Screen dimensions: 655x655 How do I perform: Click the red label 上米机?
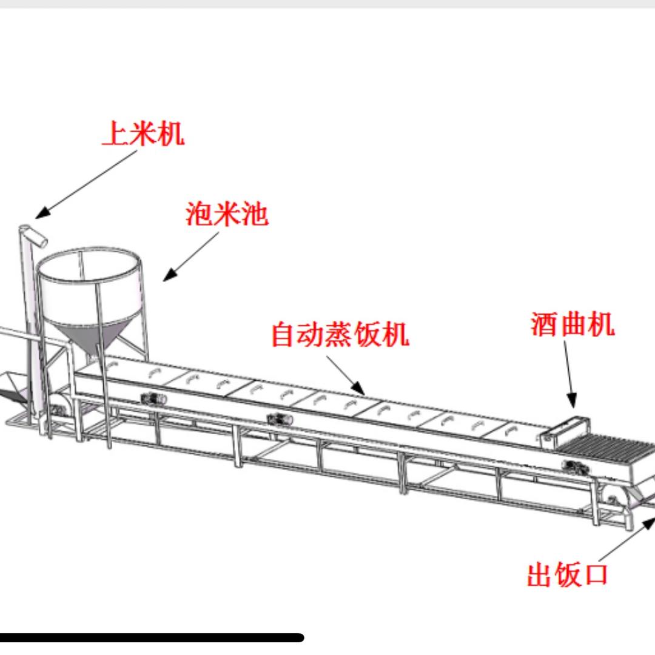coord(143,133)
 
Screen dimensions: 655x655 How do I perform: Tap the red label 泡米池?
coord(227,215)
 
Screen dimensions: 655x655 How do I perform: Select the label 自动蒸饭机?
coord(340,334)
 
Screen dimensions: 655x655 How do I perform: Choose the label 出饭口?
coord(567,574)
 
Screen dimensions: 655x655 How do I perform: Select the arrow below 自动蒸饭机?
coord(345,375)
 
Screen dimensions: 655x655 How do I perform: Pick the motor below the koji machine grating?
coord(572,466)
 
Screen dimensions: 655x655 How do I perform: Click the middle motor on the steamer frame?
coord(278,418)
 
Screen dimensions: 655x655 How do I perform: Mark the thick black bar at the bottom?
coord(152,637)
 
